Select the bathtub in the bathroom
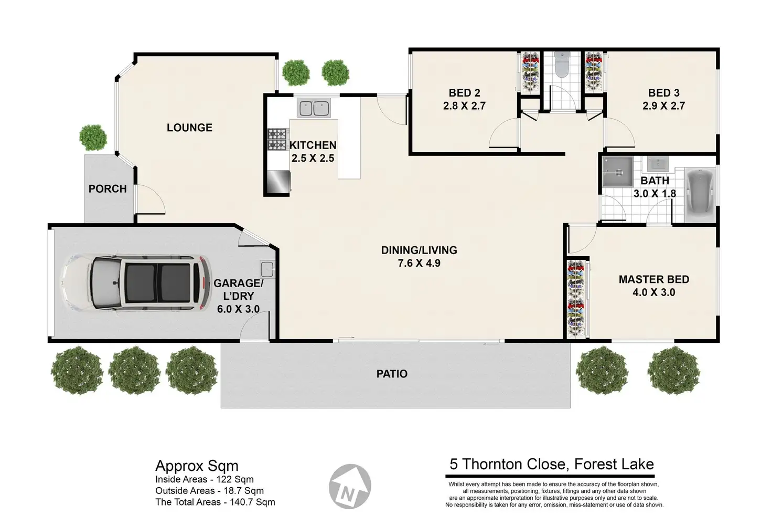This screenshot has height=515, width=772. tap(699, 195)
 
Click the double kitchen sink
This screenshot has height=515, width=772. tap(314, 108)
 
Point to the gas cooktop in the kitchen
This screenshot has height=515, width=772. tap(277, 139)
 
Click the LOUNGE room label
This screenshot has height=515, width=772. tap(189, 128)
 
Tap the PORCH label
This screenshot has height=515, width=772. tap(108, 188)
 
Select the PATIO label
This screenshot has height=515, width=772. tap(392, 374)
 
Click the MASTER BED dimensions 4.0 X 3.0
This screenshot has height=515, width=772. tap(654, 292)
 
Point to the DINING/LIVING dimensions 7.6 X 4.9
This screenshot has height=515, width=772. tap(419, 263)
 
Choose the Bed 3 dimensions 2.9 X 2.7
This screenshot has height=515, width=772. tap(663, 106)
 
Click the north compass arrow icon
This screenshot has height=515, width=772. tap(350, 486)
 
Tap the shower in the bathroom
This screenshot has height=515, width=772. tap(618, 172)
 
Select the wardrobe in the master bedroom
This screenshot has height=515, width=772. tap(576, 298)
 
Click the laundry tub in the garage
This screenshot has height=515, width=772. tap(267, 269)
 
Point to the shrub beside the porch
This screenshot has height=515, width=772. tap(93, 138)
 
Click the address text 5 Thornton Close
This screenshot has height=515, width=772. tap(509, 464)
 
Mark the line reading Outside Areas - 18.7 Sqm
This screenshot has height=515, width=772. tap(210, 490)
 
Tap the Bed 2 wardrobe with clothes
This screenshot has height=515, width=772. tap(530, 72)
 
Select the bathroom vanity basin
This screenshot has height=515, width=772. tap(658, 164)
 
